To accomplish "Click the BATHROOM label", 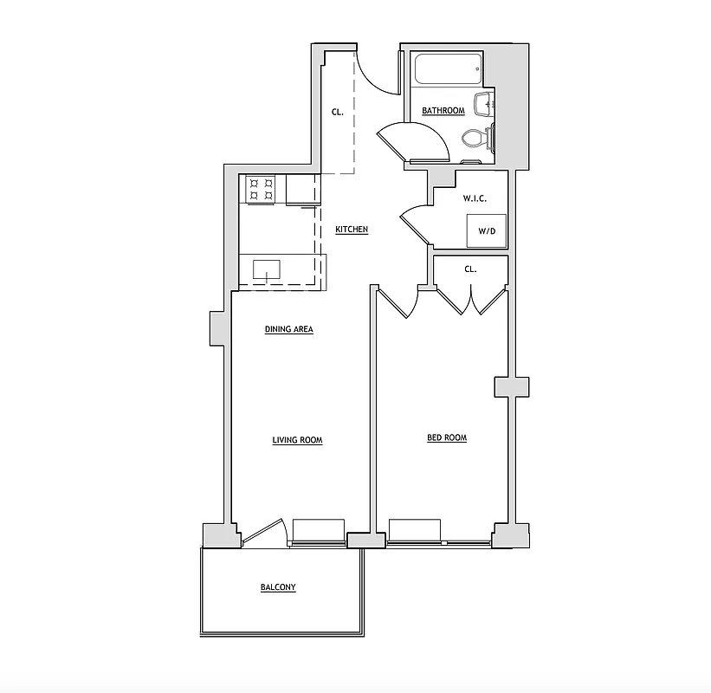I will pos(443,111).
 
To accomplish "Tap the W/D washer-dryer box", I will pos(488,230).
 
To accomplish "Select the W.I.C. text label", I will pos(474,198).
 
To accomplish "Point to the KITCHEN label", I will pos(352,230).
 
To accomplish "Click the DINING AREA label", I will pos(288,329).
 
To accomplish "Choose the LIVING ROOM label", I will pos(297,440).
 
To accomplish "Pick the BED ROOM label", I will pos(446,437).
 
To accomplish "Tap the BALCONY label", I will pos(278,587).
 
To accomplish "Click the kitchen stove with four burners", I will pos(261,190).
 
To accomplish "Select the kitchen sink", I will pos(267,270).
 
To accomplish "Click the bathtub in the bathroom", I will pos(447,69).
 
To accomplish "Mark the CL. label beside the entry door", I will pos(338,112).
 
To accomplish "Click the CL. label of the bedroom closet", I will pos(470,269).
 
